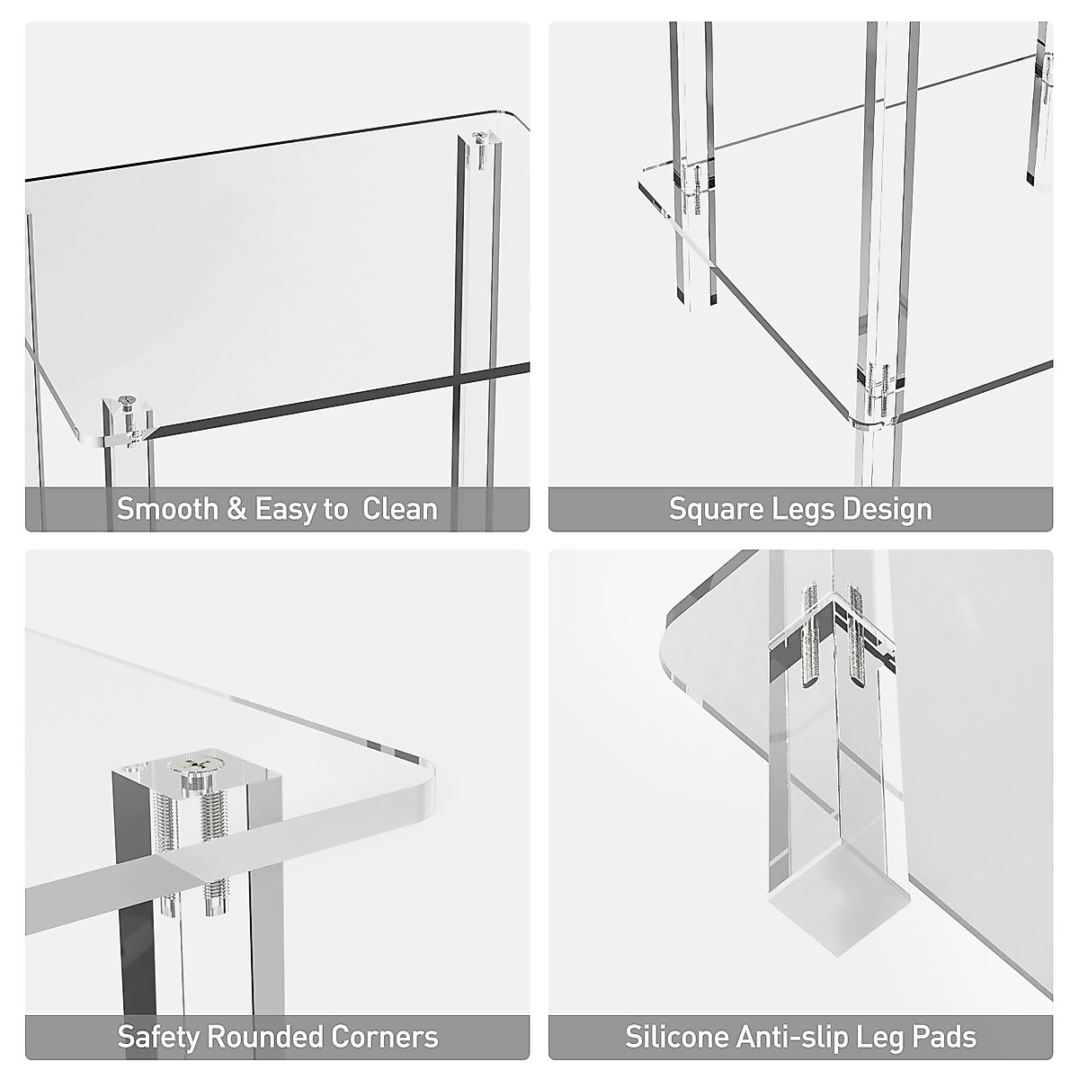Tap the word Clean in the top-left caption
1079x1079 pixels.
point(400,509)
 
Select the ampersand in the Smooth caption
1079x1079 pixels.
point(236,509)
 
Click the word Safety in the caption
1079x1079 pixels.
point(158,1037)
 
